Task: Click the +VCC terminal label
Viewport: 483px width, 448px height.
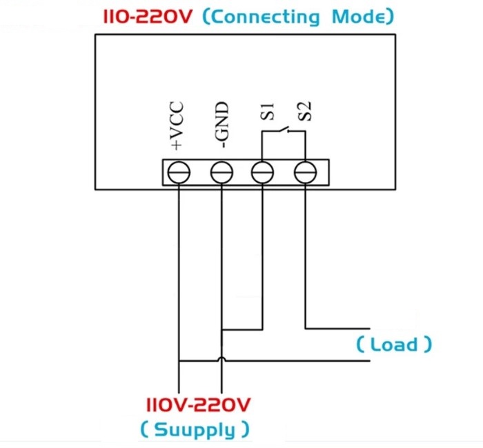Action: point(177,126)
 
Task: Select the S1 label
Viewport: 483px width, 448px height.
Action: point(268,112)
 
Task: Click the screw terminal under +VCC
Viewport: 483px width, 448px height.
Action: point(179,172)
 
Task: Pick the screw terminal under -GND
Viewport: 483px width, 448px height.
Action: point(221,172)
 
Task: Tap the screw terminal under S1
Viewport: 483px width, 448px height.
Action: point(263,172)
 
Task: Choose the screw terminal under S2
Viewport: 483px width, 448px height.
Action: point(305,172)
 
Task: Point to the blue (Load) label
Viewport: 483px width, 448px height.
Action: point(395,344)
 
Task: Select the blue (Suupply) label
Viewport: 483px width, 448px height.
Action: point(195,430)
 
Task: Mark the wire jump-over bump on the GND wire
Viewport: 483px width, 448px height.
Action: point(221,360)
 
